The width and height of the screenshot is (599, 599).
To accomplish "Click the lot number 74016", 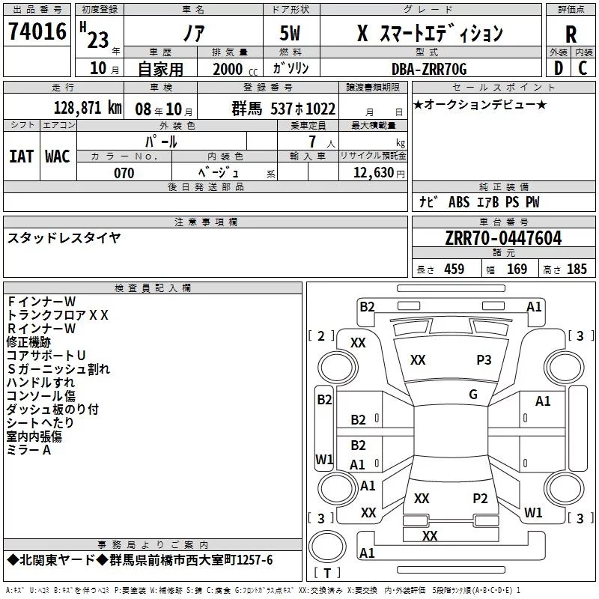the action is pyautogui.click(x=37, y=31).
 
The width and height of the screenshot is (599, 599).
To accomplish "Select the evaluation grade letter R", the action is pyautogui.click(x=571, y=34).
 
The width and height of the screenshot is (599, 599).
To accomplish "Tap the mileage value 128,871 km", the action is pyautogui.click(x=88, y=108).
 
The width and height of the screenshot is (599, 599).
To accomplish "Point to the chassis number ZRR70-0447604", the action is pyautogui.click(x=503, y=238).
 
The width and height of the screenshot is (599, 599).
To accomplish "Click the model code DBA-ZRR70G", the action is pyautogui.click(x=429, y=69).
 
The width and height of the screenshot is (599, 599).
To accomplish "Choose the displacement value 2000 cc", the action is pyautogui.click(x=235, y=69).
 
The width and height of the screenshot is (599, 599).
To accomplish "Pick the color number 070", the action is pyautogui.click(x=124, y=173).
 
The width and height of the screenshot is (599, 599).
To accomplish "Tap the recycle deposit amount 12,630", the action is pyautogui.click(x=374, y=173).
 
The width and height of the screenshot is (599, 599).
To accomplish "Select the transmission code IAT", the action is pyautogui.click(x=22, y=156).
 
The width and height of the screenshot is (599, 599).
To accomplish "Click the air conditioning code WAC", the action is pyautogui.click(x=58, y=156).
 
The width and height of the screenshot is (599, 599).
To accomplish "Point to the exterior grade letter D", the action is pyautogui.click(x=559, y=68).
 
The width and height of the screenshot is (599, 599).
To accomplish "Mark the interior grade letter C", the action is pyautogui.click(x=583, y=68).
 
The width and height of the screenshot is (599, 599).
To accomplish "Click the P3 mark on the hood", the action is pyautogui.click(x=484, y=360).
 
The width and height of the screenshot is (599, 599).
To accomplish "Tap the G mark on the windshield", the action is pyautogui.click(x=473, y=395).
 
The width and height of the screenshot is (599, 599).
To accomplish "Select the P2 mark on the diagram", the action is pyautogui.click(x=480, y=499).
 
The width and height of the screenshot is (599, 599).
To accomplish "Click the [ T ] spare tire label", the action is pyautogui.click(x=327, y=573).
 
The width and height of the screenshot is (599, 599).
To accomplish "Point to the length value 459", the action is pyautogui.click(x=454, y=269).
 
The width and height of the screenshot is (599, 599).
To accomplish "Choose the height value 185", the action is pyautogui.click(x=577, y=269).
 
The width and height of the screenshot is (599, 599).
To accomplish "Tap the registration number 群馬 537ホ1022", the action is pyautogui.click(x=284, y=109).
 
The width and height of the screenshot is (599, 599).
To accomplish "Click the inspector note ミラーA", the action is pyautogui.click(x=28, y=450).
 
